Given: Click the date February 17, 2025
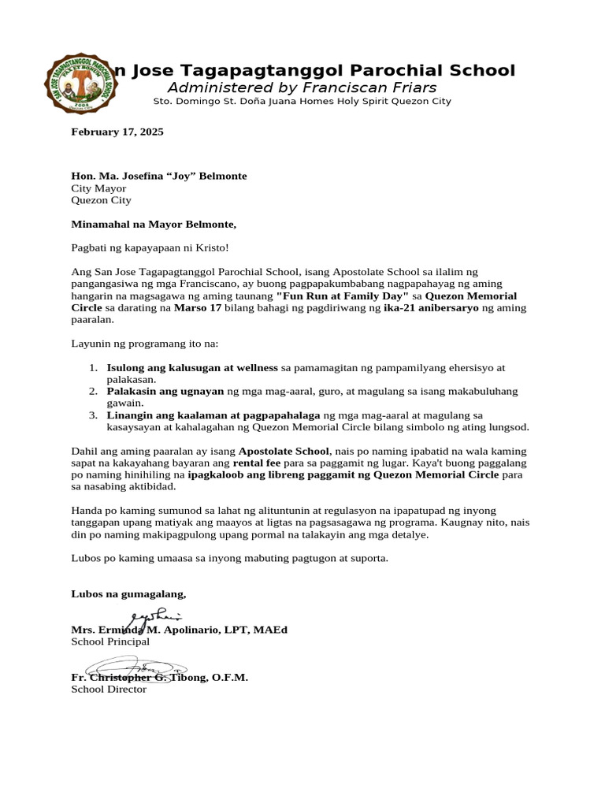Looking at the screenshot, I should (x=117, y=132).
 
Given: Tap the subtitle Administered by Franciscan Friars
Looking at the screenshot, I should (x=302, y=87).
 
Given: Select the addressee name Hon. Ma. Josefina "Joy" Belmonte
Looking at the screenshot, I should (x=158, y=176).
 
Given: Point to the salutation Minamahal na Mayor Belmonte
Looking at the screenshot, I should (x=154, y=225).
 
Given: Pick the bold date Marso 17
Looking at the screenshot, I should (x=197, y=308).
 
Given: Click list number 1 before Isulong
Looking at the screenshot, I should (x=92, y=367).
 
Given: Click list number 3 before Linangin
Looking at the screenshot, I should (x=92, y=415).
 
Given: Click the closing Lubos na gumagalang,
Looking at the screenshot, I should (x=129, y=593).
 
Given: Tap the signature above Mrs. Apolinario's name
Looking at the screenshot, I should (x=154, y=618).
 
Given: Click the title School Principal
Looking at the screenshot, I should (x=110, y=642).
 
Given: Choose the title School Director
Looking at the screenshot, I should (x=109, y=690).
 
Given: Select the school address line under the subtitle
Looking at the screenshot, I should (x=302, y=102).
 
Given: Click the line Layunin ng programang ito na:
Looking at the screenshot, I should (x=145, y=344).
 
